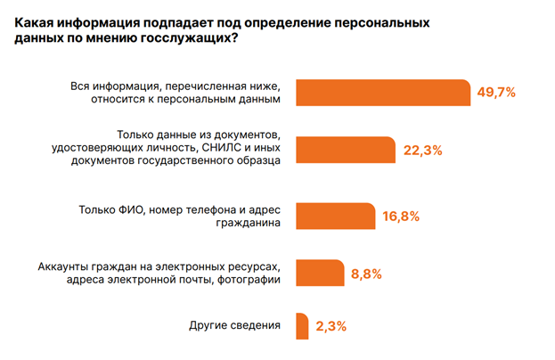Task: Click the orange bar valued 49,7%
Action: click(x=383, y=93)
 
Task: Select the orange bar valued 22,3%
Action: click(x=344, y=150)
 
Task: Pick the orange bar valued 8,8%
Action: click(x=319, y=273)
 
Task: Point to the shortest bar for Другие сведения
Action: click(x=301, y=325)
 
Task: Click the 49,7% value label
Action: click(x=497, y=93)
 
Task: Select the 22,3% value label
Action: click(x=423, y=150)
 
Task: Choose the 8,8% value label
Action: click(x=367, y=274)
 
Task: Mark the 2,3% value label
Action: click(x=331, y=326)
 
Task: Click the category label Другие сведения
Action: click(x=235, y=325)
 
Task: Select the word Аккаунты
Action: click(x=65, y=266)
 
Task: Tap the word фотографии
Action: click(x=251, y=280)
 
